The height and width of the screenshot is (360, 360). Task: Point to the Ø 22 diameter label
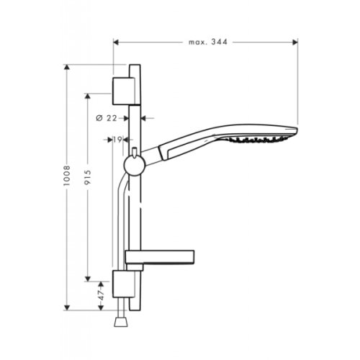pos(107,117)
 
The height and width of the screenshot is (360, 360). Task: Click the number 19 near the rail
pos(117,140)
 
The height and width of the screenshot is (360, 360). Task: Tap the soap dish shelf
pos(159,256)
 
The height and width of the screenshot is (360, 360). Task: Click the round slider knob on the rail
pos(132,168)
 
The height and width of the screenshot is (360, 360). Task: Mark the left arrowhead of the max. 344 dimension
pos(116,43)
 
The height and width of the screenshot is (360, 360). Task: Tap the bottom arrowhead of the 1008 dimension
pos(68,307)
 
